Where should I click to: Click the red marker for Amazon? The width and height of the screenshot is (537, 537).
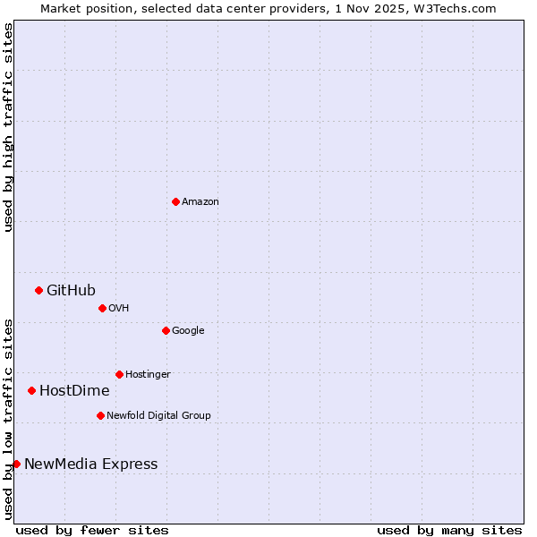pos(175,201)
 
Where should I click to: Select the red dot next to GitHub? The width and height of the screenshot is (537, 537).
pos(38,290)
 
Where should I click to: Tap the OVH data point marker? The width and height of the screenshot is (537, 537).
pos(102,308)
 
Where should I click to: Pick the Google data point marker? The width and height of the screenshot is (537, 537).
pos(166,330)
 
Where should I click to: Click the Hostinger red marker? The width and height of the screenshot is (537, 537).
pos(119,374)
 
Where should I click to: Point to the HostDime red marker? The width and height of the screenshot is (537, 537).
pos(31,390)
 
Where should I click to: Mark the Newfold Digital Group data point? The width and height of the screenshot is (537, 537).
pos(100,415)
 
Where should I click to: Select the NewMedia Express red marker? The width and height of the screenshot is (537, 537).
pos(16,464)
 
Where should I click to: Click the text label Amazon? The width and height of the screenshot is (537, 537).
pos(200,202)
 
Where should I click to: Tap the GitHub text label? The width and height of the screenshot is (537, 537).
pos(71,290)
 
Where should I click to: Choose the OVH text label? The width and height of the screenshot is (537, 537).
pos(118,309)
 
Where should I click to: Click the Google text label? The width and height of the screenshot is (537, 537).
pos(188,331)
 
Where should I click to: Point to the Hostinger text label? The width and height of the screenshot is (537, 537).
pos(148,375)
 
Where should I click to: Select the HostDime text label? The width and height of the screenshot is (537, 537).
pos(74,391)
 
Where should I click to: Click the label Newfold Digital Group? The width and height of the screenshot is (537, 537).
pos(158,416)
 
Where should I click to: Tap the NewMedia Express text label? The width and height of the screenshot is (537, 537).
pos(90,465)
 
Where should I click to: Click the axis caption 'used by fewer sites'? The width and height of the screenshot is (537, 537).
pos(92,530)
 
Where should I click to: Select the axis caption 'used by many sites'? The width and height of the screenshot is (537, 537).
pos(448,530)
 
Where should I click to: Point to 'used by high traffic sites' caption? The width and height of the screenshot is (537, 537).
pos(8,127)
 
